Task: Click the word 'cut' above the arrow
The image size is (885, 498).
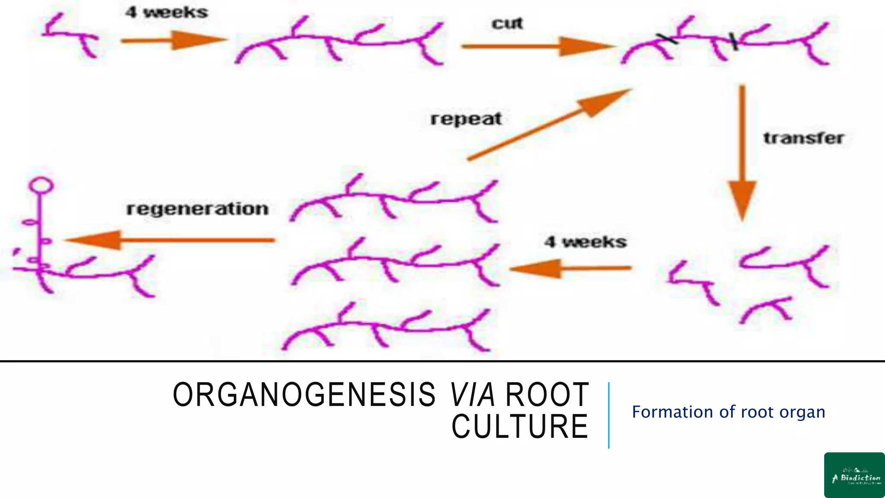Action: (507, 23)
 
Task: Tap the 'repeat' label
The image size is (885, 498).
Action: (466, 119)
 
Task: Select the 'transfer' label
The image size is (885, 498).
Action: (803, 138)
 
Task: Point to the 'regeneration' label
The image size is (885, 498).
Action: (197, 209)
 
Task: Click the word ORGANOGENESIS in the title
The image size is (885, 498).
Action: (304, 395)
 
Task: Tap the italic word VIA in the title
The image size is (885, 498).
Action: (472, 395)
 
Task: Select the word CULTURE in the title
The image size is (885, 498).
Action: (520, 427)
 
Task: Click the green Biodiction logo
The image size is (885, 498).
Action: (854, 475)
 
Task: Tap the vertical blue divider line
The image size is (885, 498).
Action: (608, 415)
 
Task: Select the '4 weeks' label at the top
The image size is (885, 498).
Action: (166, 12)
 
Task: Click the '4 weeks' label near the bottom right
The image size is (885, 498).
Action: (585, 242)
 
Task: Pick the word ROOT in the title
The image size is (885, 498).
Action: (547, 395)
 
